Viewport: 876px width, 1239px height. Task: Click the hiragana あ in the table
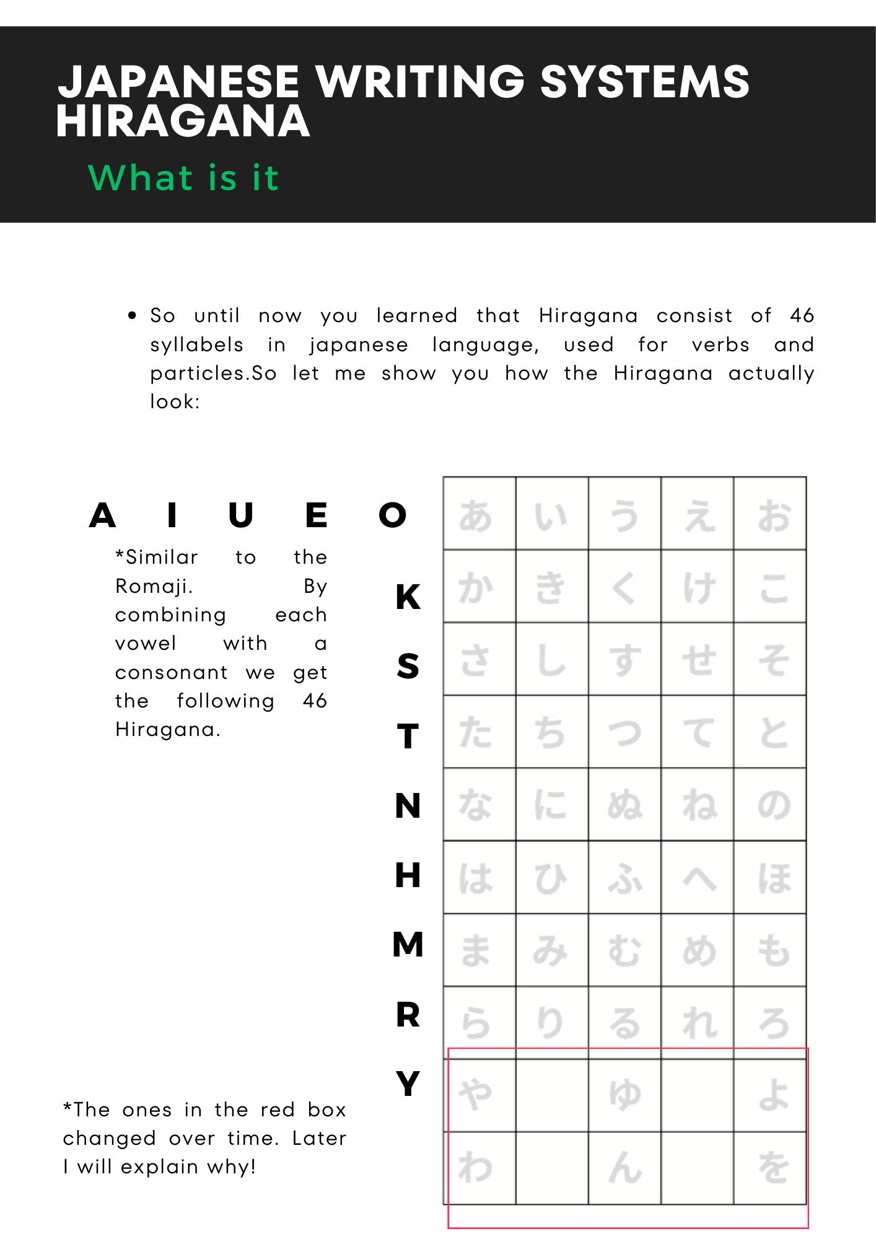coord(476,515)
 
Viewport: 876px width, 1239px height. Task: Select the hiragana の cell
coord(774,805)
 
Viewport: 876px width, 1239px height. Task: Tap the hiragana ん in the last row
coord(624,1168)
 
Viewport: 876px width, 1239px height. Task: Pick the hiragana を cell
coord(774,1168)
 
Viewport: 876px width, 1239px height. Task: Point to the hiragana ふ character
coord(624,878)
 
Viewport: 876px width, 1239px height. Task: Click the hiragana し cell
coord(551,660)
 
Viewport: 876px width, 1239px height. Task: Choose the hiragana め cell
coord(699,950)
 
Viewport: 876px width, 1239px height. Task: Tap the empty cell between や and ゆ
coord(551,1095)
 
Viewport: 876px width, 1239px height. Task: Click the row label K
coord(408,597)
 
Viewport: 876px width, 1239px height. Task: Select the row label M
coord(408,945)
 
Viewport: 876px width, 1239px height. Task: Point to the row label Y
coord(408,1084)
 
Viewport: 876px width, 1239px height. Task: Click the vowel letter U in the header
coord(240,515)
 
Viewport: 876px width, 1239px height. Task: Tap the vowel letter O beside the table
coord(393,515)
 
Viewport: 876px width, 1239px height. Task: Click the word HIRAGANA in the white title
coord(183,121)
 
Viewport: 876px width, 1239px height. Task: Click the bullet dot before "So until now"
coord(132,316)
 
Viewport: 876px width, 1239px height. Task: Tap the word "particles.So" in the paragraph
coord(213,374)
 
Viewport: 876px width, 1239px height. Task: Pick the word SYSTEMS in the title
coord(644,82)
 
